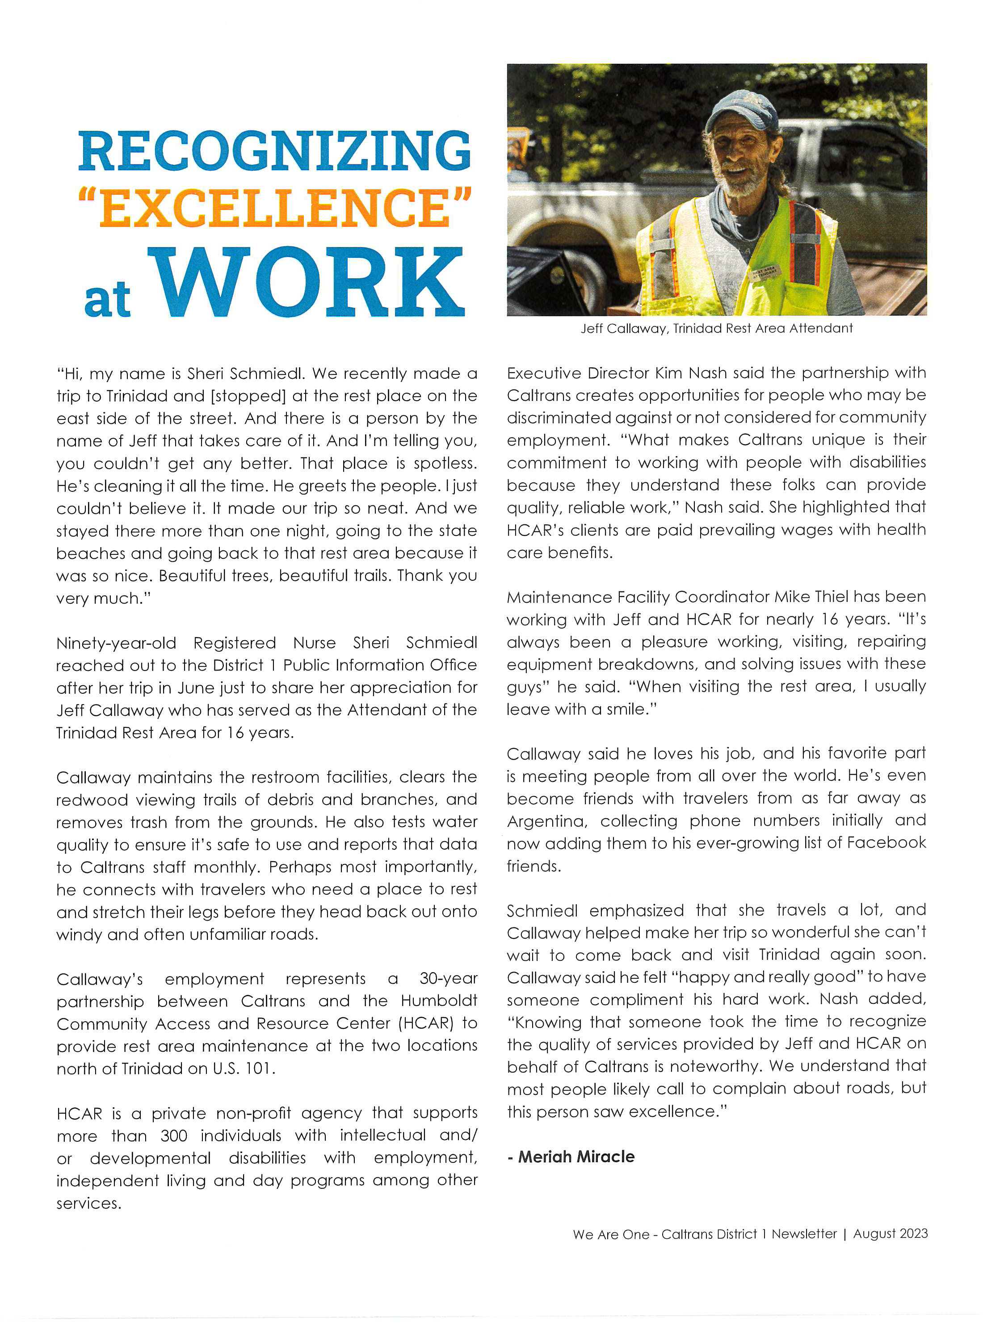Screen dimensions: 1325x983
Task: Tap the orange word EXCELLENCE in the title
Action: (274, 208)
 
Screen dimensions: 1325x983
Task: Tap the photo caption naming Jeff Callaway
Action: (716, 328)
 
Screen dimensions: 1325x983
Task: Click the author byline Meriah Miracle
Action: (576, 1157)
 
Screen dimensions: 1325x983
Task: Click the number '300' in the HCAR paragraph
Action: (174, 1136)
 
